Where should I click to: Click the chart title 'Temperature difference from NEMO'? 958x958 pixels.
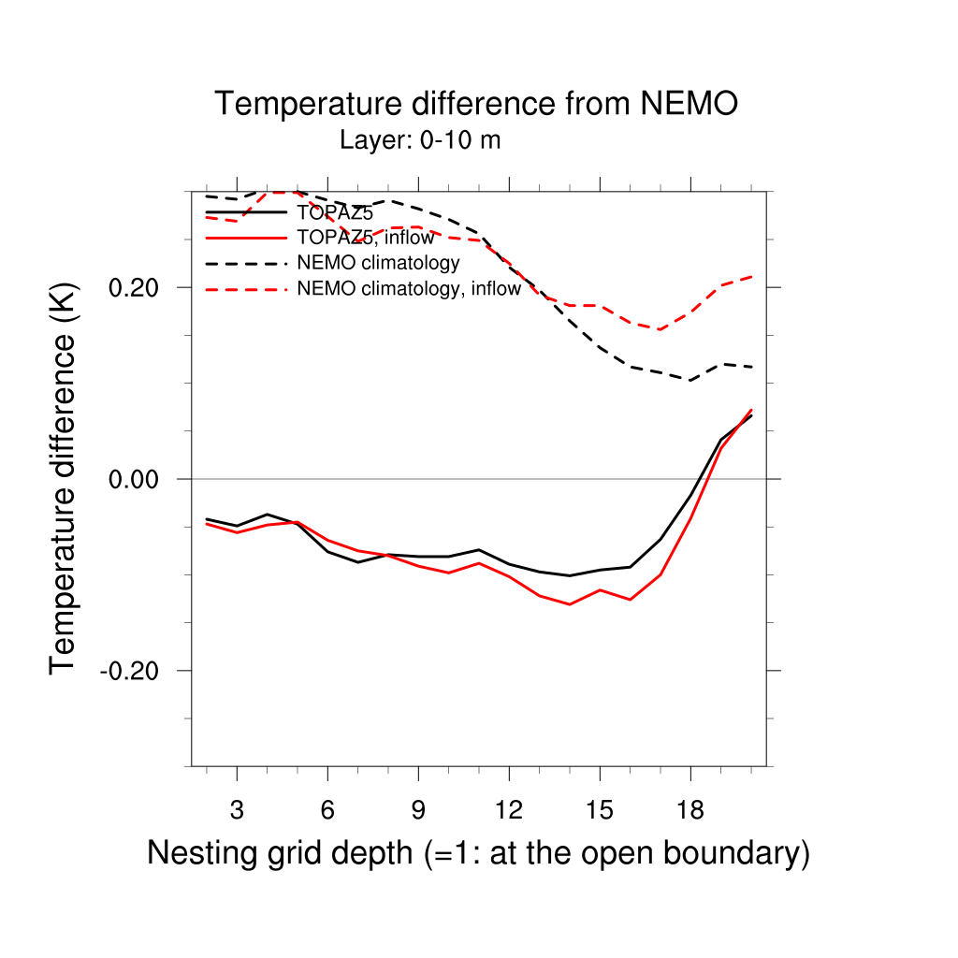[x=476, y=104]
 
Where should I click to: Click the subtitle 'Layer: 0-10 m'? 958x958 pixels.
[x=420, y=141]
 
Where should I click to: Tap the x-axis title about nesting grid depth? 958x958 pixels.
[x=478, y=853]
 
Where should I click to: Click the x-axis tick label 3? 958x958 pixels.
[x=237, y=810]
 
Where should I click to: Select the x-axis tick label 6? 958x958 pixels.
[x=327, y=810]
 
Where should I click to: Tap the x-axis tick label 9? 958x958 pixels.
[x=418, y=810]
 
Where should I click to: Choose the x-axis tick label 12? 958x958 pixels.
[x=509, y=810]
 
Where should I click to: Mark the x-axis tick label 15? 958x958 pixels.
[x=600, y=810]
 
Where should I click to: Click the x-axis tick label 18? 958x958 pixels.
[x=690, y=810]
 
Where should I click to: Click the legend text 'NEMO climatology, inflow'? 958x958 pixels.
[x=408, y=289]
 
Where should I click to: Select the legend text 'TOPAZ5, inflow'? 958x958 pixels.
[x=365, y=238]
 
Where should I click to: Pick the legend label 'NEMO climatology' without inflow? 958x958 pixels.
[x=378, y=263]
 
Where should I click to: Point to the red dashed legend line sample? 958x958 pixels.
[x=245, y=289]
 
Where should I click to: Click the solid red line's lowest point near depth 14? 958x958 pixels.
[x=570, y=604]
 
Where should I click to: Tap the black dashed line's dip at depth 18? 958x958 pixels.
[x=690, y=381]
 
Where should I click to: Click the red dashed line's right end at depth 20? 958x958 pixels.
[x=751, y=277]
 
